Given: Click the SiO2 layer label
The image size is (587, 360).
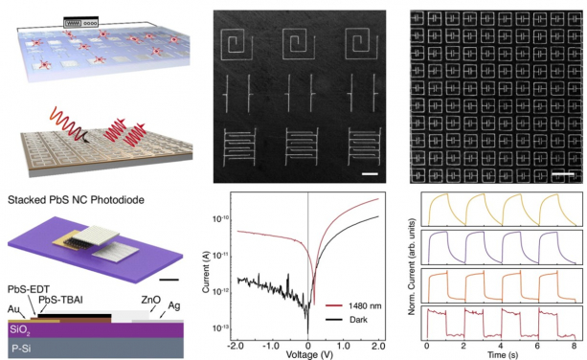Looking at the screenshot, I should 18,327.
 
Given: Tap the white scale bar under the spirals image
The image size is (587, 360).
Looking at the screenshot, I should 368,173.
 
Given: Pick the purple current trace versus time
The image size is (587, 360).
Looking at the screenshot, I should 498,246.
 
